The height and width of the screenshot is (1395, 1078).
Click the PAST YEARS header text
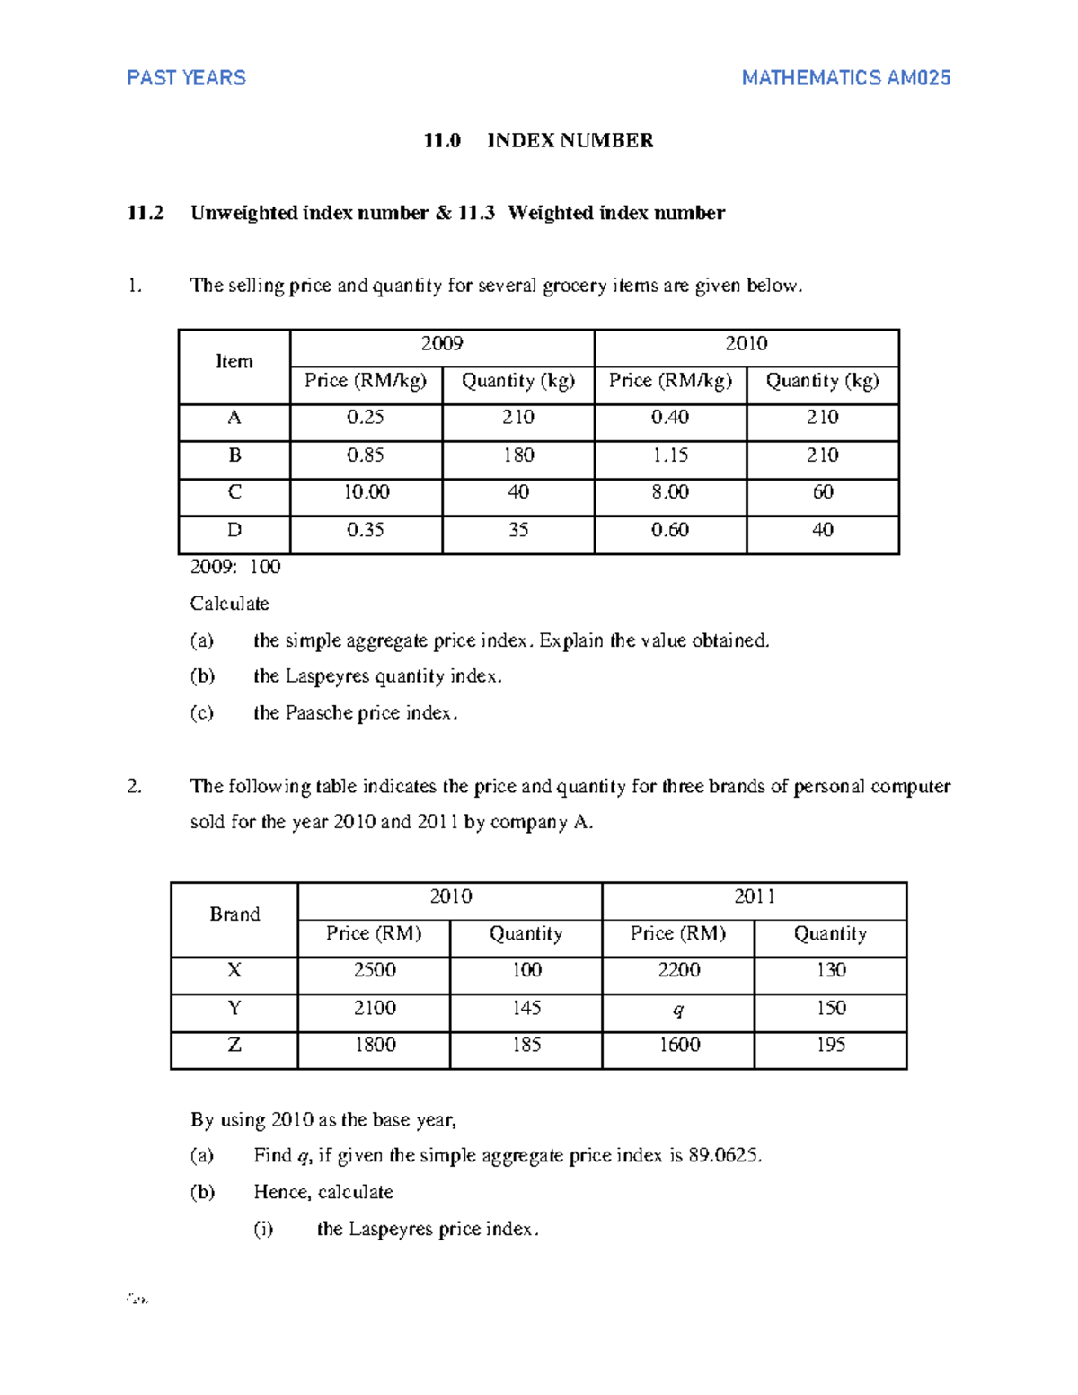pyautogui.click(x=186, y=78)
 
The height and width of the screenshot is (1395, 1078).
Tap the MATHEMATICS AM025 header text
pyautogui.click(x=845, y=78)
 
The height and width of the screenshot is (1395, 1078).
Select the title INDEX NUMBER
pyautogui.click(x=570, y=140)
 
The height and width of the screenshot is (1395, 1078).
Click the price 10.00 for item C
pyautogui.click(x=366, y=492)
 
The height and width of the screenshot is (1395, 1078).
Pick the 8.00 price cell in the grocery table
pyautogui.click(x=670, y=492)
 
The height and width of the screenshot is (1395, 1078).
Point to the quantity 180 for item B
pyautogui.click(x=518, y=455)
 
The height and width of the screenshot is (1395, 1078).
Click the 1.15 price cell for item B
pyautogui.click(x=670, y=455)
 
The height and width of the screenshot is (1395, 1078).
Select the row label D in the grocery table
pyautogui.click(x=234, y=530)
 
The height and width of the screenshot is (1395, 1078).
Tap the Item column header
pyautogui.click(x=234, y=362)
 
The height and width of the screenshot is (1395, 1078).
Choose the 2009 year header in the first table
pyautogui.click(x=442, y=343)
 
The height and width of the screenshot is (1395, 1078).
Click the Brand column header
pyautogui.click(x=234, y=914)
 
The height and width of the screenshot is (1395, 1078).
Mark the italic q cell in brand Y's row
pyautogui.click(x=678, y=1010)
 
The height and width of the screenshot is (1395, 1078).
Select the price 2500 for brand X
pyautogui.click(x=374, y=970)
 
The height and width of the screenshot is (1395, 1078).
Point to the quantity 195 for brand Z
pyautogui.click(x=831, y=1045)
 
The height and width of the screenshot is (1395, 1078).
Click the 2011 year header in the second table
pyautogui.click(x=754, y=896)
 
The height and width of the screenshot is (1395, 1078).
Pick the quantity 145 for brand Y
pyautogui.click(x=526, y=1008)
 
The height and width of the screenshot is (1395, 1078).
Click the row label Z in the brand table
pyautogui.click(x=234, y=1045)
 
